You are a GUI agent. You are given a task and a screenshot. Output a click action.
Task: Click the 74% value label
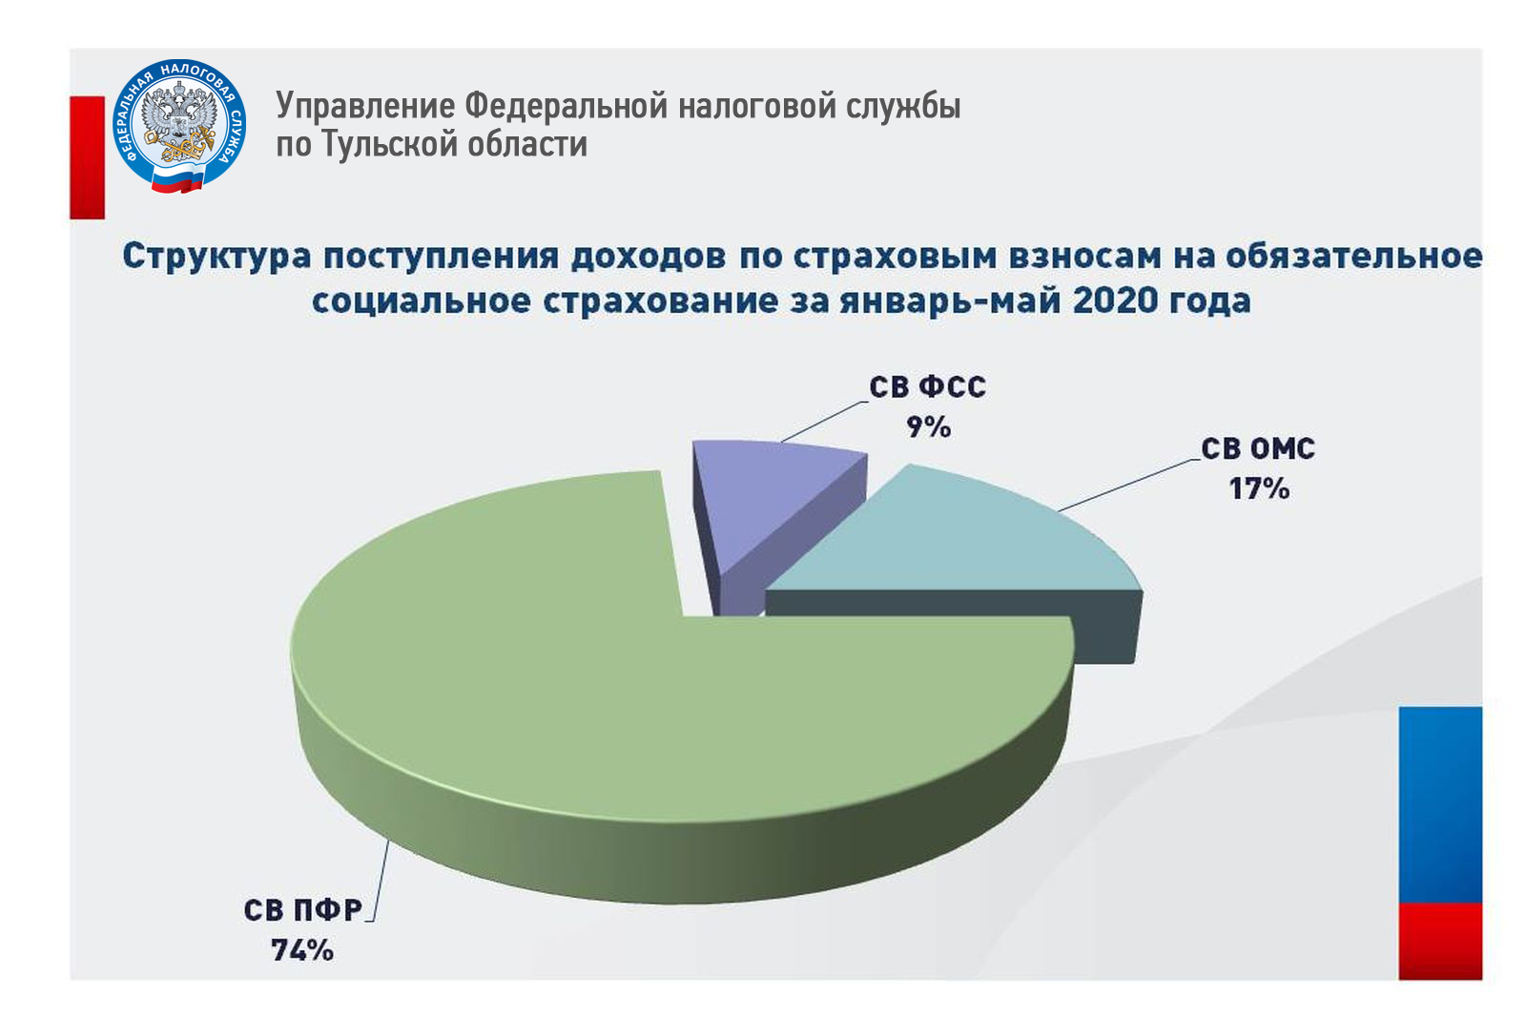(x=302, y=950)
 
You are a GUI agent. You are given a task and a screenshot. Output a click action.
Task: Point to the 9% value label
(x=928, y=427)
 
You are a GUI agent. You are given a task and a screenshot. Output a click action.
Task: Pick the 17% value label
(x=1259, y=488)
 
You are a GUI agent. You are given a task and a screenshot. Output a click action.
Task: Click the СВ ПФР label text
(x=303, y=911)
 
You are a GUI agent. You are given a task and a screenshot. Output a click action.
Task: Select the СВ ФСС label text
(x=927, y=387)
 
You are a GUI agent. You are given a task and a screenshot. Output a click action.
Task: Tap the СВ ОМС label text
(x=1258, y=449)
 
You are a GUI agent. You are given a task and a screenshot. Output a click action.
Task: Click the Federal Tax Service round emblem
(x=179, y=125)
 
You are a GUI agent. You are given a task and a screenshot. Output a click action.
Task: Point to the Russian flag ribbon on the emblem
(x=177, y=180)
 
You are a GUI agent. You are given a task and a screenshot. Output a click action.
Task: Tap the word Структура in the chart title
(x=217, y=257)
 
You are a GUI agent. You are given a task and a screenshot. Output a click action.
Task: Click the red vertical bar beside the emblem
(x=87, y=157)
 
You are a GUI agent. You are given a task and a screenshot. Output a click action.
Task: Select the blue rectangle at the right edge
(x=1441, y=805)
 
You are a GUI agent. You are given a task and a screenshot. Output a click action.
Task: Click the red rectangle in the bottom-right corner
(x=1441, y=942)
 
